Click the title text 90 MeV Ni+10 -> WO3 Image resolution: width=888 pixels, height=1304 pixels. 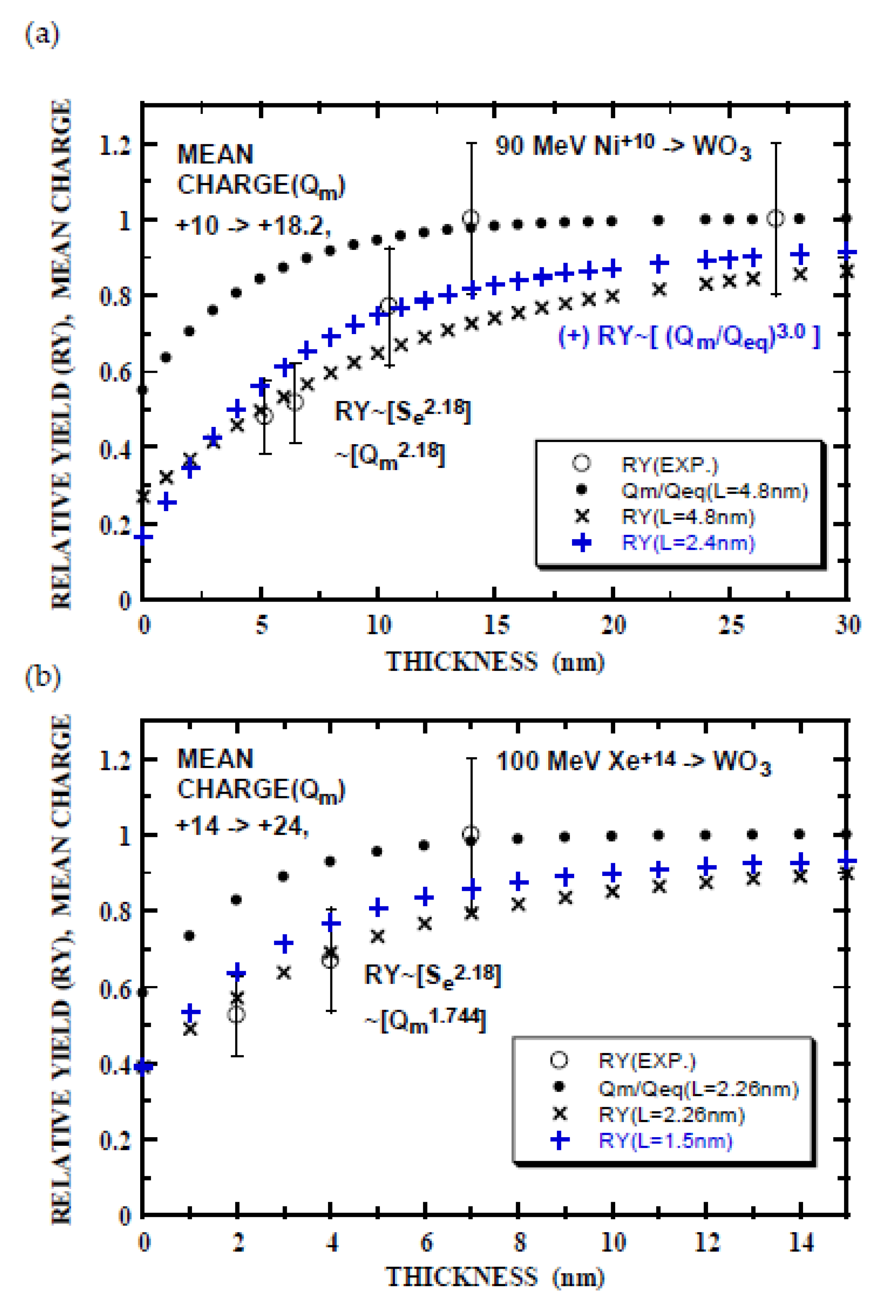[x=623, y=147]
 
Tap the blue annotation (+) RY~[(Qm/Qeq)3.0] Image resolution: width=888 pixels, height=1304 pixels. [x=689, y=337]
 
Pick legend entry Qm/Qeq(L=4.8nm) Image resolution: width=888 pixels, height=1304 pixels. [x=714, y=491]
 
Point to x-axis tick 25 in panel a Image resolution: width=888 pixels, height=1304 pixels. [x=731, y=625]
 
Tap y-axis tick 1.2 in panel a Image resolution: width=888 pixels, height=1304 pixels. [x=115, y=146]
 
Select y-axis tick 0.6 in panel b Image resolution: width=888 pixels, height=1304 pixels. [x=115, y=989]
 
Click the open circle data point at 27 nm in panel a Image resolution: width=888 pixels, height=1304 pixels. [x=776, y=218]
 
